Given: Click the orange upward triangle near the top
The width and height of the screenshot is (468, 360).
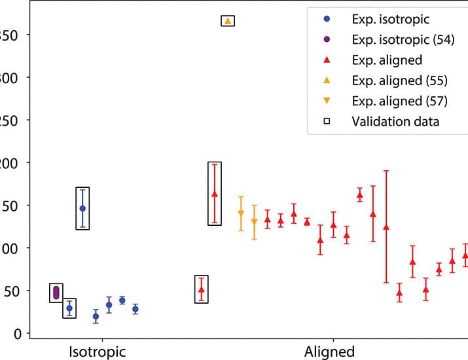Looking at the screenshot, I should pyautogui.click(x=228, y=21).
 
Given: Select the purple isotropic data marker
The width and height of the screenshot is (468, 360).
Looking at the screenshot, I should pyautogui.click(x=56, y=292).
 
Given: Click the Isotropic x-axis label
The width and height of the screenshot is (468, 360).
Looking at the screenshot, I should pyautogui.click(x=98, y=350).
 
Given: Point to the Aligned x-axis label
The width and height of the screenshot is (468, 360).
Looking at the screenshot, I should pyautogui.click(x=330, y=350).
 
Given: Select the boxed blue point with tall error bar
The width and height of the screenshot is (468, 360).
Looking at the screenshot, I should pyautogui.click(x=82, y=208).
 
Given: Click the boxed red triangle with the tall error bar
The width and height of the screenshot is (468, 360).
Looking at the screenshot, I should pyautogui.click(x=215, y=194).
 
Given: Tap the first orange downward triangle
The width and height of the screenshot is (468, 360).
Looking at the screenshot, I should pyautogui.click(x=241, y=213).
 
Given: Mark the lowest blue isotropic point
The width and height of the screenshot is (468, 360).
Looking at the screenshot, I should pyautogui.click(x=96, y=316).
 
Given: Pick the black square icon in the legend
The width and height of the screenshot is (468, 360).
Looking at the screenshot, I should pyautogui.click(x=326, y=121).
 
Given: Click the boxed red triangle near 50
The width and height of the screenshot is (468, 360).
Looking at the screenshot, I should pyautogui.click(x=202, y=289).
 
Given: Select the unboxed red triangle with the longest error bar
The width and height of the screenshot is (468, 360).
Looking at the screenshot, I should pyautogui.click(x=386, y=226).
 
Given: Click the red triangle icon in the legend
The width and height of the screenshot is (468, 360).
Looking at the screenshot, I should pyautogui.click(x=326, y=60).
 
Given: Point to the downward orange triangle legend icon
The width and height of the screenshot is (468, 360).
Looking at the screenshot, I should pyautogui.click(x=326, y=101).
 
